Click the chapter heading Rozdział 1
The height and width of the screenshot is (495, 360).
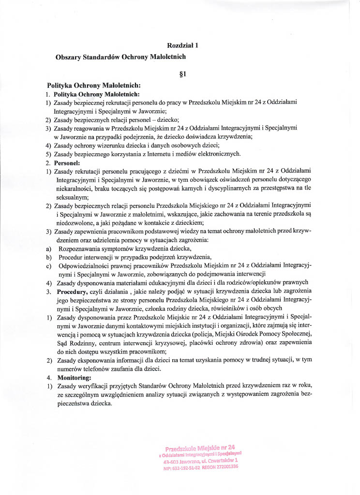tap(183, 45)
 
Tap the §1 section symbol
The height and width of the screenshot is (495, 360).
tap(183, 74)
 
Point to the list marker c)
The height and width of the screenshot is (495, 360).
tap(48, 265)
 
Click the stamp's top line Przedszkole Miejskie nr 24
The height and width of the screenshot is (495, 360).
tap(200, 448)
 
